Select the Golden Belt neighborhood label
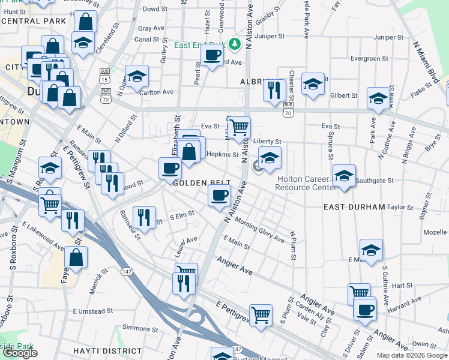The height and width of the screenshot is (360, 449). click(198, 182)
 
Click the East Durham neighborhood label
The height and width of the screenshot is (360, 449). click(354, 207)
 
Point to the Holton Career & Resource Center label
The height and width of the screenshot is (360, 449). click(305, 183)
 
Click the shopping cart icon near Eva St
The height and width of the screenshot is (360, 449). click(240, 127)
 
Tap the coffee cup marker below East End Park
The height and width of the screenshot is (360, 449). click(211, 56)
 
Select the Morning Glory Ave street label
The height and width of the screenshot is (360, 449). click(259, 229)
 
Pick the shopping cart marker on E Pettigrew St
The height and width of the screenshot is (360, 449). click(261, 314)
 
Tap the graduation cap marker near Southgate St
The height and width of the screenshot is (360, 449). click(343, 176)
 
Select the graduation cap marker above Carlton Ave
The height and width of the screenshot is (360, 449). click(137, 76)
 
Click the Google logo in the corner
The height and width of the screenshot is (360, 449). click(20, 353)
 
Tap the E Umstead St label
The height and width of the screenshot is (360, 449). click(92, 311)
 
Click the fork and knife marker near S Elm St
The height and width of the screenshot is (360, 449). click(143, 217)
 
